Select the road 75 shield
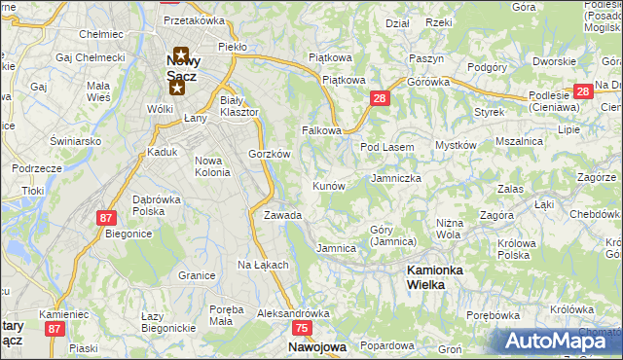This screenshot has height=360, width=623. pyautogui.click(x=302, y=330)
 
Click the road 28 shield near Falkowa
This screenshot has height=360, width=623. pyautogui.click(x=380, y=98)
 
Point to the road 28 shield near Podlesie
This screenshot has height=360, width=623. pyautogui.click(x=582, y=92)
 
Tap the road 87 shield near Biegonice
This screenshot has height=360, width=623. pyautogui.click(x=106, y=219)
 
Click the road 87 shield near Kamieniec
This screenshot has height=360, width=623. pyautogui.click(x=54, y=330)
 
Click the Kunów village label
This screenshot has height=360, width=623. pyautogui.click(x=328, y=185)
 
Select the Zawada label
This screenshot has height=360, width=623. pyautogui.click(x=282, y=215)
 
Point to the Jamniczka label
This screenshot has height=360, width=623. pyautogui.click(x=395, y=179)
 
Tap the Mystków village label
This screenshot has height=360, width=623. pyautogui.click(x=455, y=145)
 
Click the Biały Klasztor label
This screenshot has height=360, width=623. pyautogui.click(x=238, y=106)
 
